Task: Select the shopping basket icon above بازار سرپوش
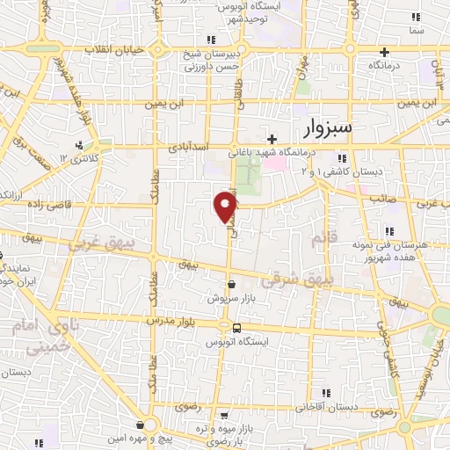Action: [x=231, y=285]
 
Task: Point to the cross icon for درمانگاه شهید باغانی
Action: [x=272, y=138]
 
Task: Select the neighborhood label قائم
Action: [x=317, y=238]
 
